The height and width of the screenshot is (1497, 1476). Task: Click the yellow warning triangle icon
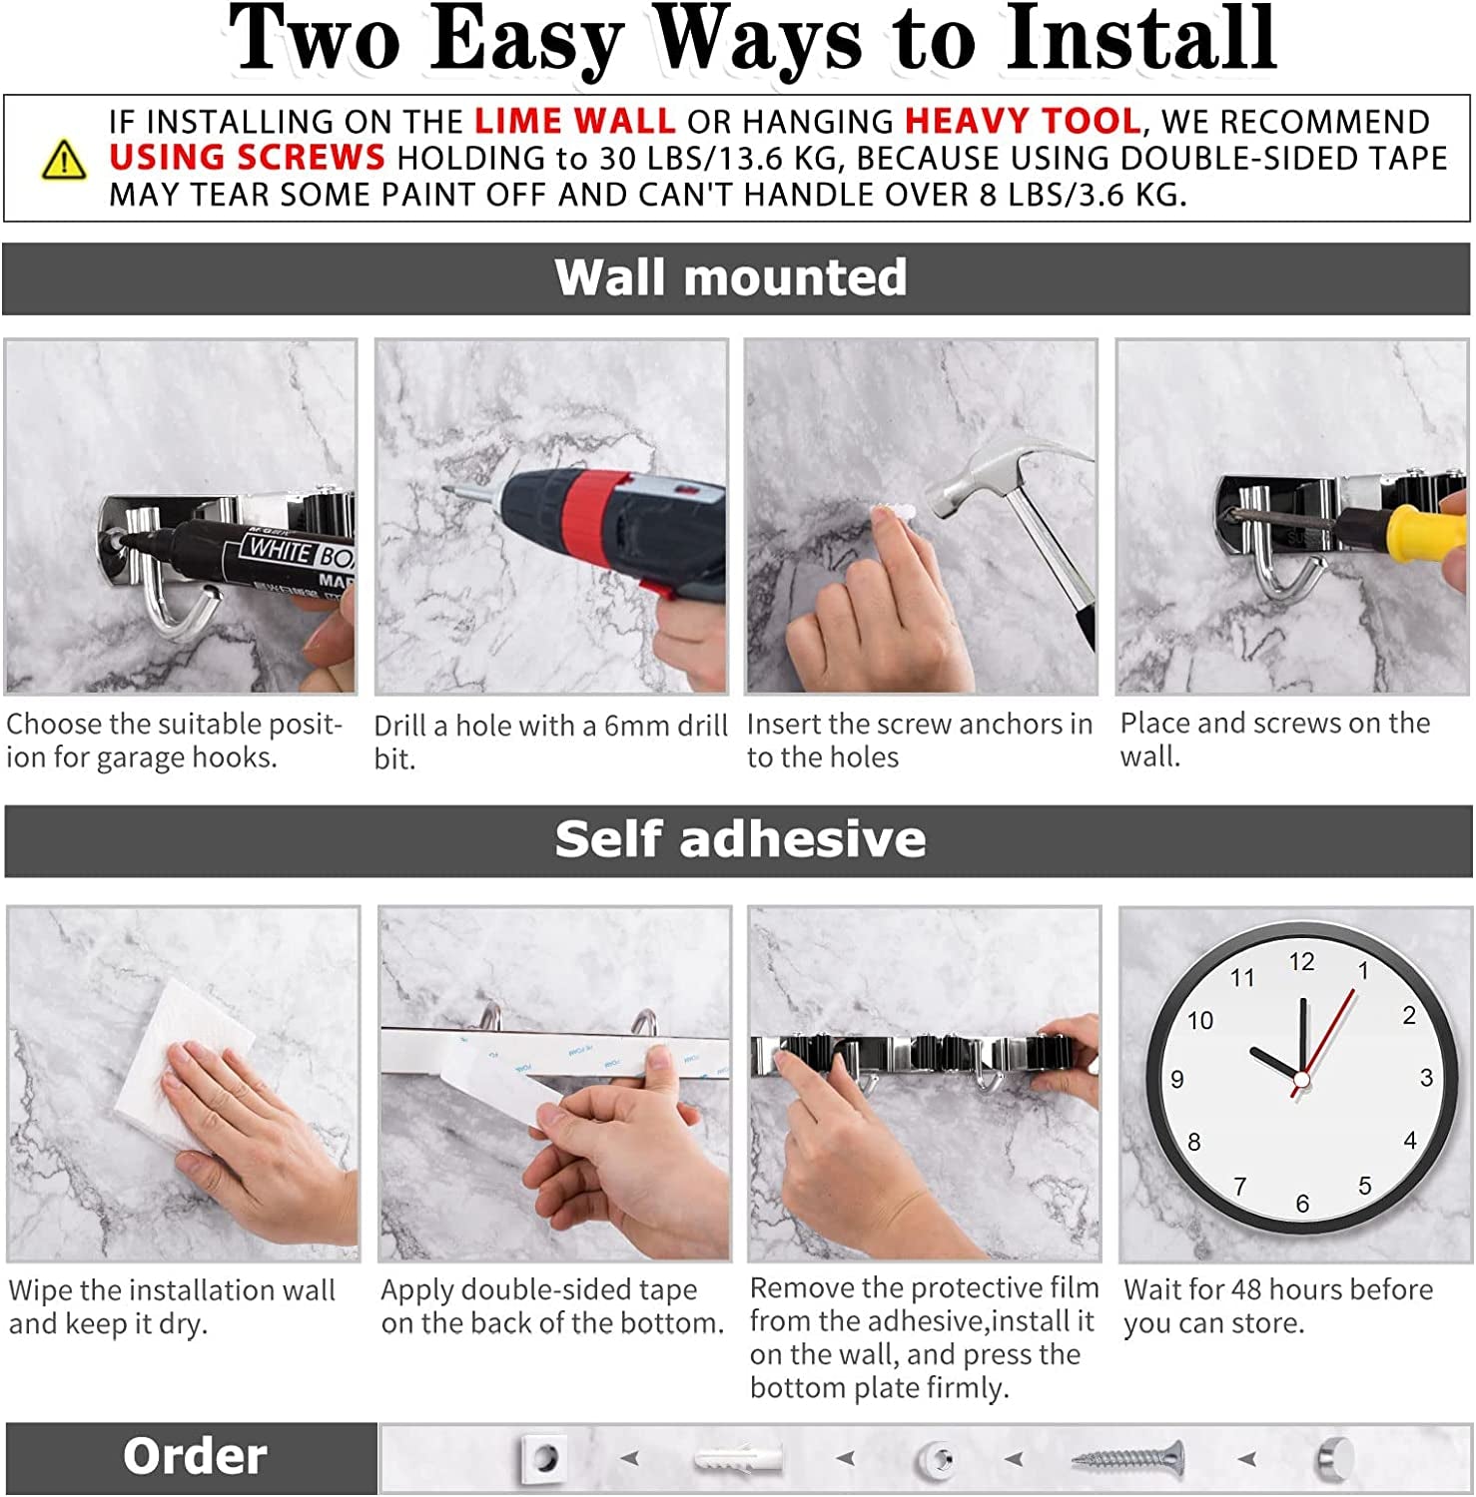[x=64, y=160]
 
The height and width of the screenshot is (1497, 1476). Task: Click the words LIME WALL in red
[x=574, y=122]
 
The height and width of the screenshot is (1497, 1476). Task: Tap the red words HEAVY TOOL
[x=1022, y=122]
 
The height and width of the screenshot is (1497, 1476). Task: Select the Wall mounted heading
[x=731, y=277]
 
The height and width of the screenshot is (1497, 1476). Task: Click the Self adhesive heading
[x=739, y=839]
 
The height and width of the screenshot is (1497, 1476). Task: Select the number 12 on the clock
[x=1301, y=962]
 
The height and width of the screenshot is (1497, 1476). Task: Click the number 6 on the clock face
[x=1302, y=1204]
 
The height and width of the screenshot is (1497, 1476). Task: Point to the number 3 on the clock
[x=1426, y=1078]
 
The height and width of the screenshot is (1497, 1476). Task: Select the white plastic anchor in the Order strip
[x=739, y=1459]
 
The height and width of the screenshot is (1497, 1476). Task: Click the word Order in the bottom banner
[x=195, y=1457]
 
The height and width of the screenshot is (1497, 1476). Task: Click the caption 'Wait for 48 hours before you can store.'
[x=1277, y=1306]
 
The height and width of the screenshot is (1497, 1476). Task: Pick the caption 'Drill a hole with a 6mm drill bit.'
[x=549, y=742]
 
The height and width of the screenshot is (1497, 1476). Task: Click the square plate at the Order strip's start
[x=544, y=1459]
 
